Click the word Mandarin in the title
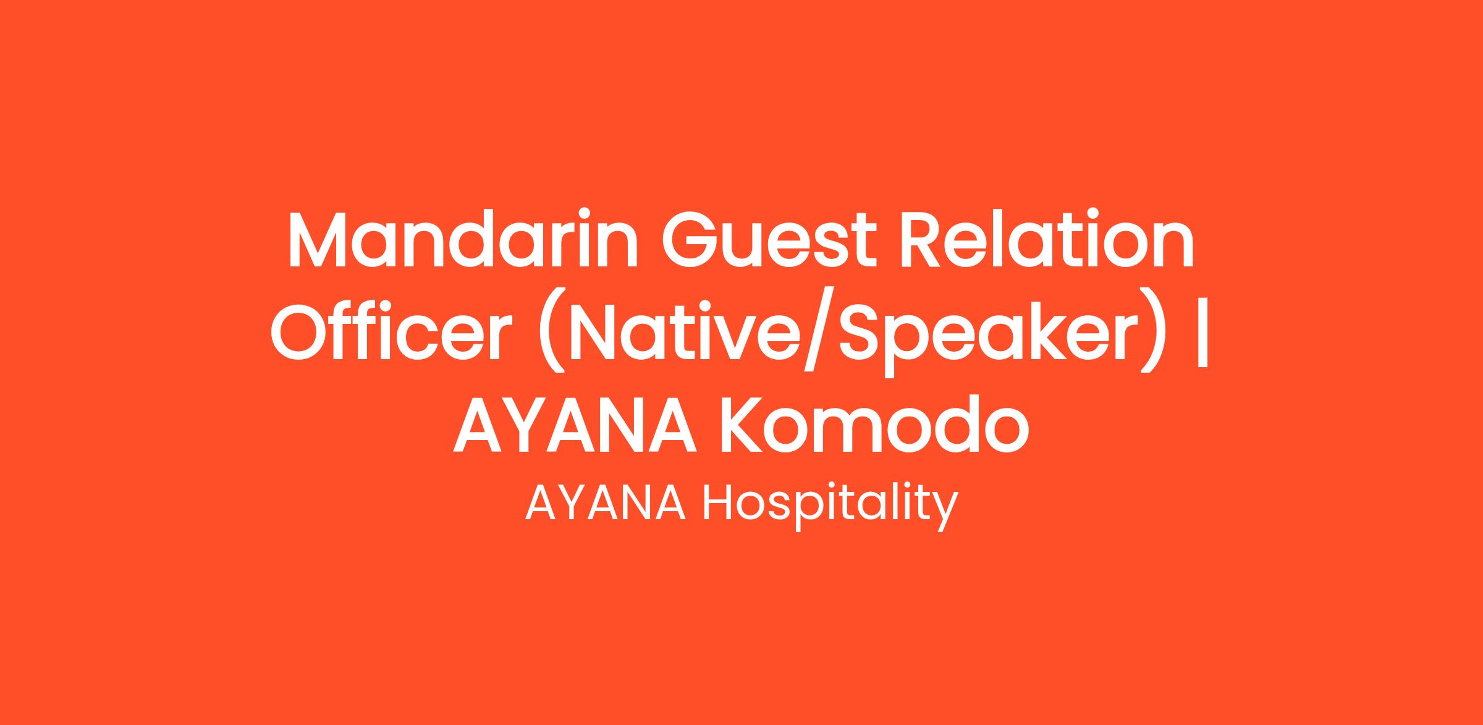pos(463,240)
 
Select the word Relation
pos(1048,240)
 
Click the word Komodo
pos(876,424)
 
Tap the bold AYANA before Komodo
pos(576,424)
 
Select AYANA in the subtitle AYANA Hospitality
pos(606,503)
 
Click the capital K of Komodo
pos(744,425)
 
